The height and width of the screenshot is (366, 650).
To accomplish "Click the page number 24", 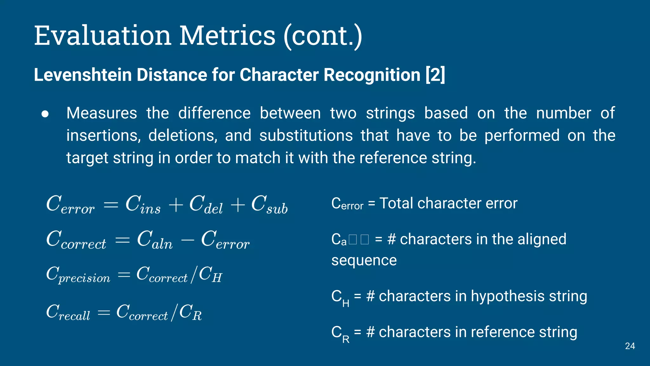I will (x=630, y=346).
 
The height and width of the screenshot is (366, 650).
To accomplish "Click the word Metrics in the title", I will (x=227, y=36).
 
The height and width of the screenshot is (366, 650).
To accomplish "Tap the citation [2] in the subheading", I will (x=435, y=75).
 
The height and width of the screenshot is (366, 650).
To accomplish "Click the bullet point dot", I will (x=45, y=114).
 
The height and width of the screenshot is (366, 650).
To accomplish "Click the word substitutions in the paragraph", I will (x=306, y=136).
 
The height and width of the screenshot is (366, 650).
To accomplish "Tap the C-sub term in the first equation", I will (x=269, y=205).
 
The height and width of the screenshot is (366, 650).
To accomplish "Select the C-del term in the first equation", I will (x=206, y=205).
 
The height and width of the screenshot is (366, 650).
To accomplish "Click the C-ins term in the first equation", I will (x=143, y=205).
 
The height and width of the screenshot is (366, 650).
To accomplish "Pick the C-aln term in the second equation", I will (x=155, y=240).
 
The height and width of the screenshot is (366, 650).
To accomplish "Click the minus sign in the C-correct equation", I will (x=188, y=240).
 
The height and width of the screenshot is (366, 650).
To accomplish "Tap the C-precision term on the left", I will (x=78, y=274).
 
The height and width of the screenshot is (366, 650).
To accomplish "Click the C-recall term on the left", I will (x=68, y=312).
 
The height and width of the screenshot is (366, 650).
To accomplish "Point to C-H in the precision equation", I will (x=210, y=274).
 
